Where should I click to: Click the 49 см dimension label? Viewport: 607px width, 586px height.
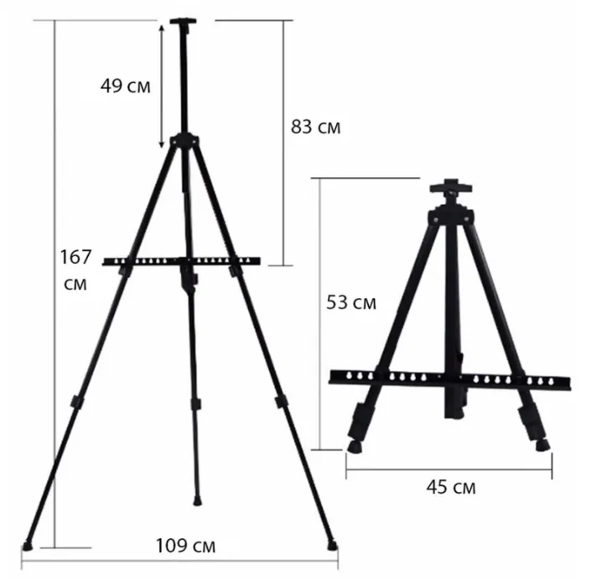click(126, 86)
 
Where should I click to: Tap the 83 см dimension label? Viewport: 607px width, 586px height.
click(316, 127)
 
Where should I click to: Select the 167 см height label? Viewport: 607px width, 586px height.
click(75, 270)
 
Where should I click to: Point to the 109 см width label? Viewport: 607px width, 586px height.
click(185, 546)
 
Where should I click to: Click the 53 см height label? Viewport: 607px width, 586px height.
click(351, 302)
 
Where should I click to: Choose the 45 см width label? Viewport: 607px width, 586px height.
click(451, 487)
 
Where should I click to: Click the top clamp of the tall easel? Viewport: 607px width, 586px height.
click(184, 24)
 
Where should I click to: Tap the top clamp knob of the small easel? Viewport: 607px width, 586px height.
click(451, 188)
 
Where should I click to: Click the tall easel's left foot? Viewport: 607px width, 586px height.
click(27, 546)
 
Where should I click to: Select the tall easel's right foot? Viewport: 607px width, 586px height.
click(332, 546)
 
